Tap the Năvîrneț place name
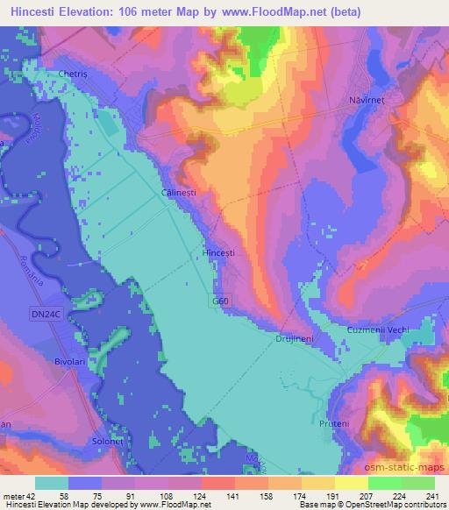[x=367, y=101]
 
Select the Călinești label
[x=179, y=189]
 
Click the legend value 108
[x=179, y=495]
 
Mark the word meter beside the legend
[x=13, y=495]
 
